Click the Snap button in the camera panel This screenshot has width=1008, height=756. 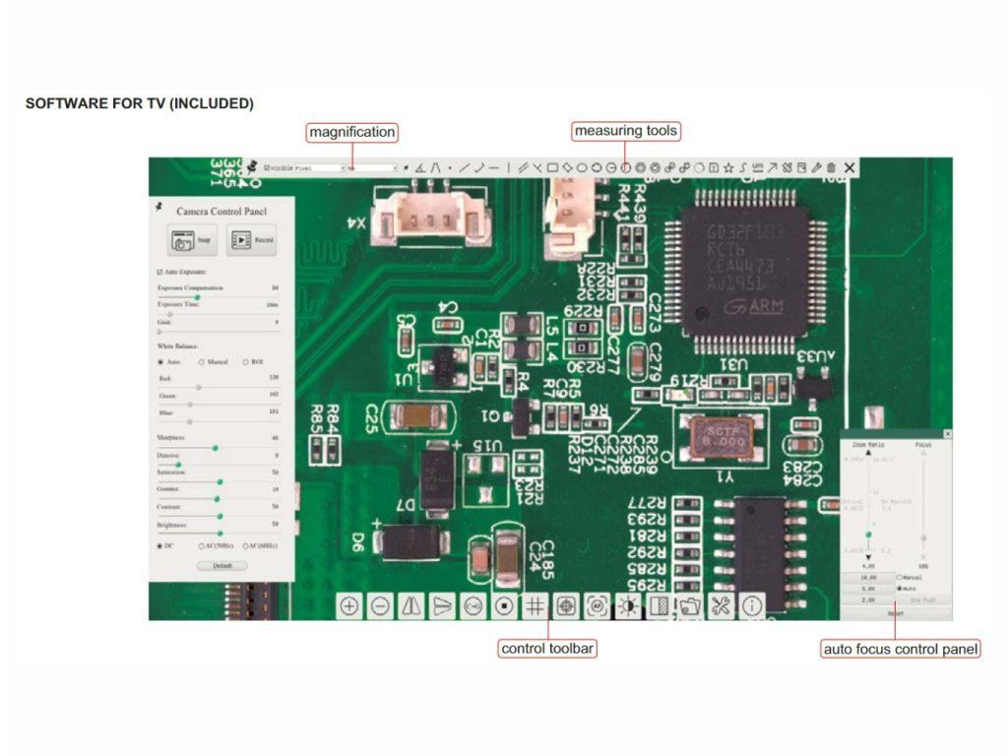pos(192,239)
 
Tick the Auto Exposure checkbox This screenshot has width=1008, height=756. pos(160,272)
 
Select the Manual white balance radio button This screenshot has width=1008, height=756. pos(202,362)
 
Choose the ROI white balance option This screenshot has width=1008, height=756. pos(245,362)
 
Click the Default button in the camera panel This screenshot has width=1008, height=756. pos(221,566)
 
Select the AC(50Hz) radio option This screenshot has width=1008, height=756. pos(201,545)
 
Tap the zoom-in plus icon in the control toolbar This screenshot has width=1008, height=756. pos(348,606)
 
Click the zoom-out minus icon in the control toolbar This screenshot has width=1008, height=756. pos(380,606)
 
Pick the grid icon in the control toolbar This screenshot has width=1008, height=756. pos(535,606)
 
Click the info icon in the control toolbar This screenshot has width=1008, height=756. pos(752,606)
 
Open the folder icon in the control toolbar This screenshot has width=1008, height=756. pos(690,606)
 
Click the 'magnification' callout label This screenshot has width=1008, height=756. pos(352,132)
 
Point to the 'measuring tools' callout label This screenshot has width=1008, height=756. pos(626,131)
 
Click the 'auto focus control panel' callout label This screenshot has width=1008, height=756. pos(901,650)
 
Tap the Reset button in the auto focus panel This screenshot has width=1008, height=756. pos(896,613)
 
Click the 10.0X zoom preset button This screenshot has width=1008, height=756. pos(868,577)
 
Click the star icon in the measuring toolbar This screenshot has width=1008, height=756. pos(728,168)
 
